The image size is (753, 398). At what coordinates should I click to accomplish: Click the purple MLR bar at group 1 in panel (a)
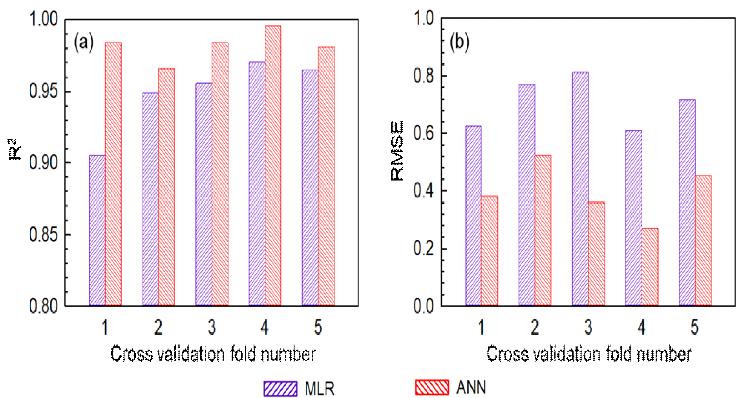tap(97, 231)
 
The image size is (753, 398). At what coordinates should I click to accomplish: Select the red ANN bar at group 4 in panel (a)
tap(273, 166)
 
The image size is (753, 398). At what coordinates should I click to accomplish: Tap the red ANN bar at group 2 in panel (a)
tap(166, 187)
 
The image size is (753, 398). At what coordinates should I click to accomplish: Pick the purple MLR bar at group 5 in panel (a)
tap(310, 188)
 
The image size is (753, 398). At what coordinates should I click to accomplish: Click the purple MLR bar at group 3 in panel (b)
tap(580, 189)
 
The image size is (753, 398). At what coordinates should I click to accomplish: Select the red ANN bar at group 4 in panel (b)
tap(650, 267)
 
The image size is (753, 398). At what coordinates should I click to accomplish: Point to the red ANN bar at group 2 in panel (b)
tap(543, 231)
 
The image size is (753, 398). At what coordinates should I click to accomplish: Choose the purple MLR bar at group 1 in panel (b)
tap(473, 216)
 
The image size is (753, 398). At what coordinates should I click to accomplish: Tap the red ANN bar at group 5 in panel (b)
tap(703, 241)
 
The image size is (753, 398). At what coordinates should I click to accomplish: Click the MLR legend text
tap(320, 389)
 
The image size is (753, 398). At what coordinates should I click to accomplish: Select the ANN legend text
tap(471, 388)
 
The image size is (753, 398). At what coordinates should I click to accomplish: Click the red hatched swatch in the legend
tap(432, 387)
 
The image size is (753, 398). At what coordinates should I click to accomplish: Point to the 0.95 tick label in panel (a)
tap(43, 91)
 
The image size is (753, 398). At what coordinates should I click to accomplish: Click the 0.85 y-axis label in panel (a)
tap(43, 235)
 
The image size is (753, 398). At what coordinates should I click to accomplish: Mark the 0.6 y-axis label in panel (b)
tap(424, 133)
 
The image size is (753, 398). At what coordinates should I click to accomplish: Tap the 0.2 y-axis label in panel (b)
tap(424, 249)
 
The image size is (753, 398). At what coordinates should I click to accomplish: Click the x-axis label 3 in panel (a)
tap(212, 327)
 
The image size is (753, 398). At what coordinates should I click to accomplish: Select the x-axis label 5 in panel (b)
tap(695, 327)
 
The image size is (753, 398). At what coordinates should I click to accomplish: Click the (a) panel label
tap(84, 42)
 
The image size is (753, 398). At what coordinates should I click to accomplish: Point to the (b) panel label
tap(459, 42)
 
